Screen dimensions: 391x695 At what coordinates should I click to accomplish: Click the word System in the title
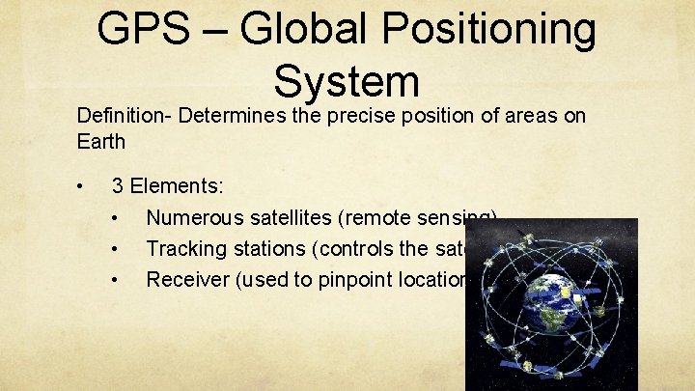pyautogui.click(x=347, y=81)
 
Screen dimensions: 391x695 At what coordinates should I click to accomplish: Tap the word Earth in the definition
pyautogui.click(x=101, y=142)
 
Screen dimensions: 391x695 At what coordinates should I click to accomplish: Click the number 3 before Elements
pyautogui.click(x=118, y=185)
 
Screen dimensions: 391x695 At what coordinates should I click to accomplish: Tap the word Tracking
pyautogui.click(x=183, y=248)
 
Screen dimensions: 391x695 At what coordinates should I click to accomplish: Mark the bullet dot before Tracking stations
pyautogui.click(x=115, y=249)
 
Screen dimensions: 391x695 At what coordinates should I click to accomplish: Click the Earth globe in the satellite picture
pyautogui.click(x=551, y=303)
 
